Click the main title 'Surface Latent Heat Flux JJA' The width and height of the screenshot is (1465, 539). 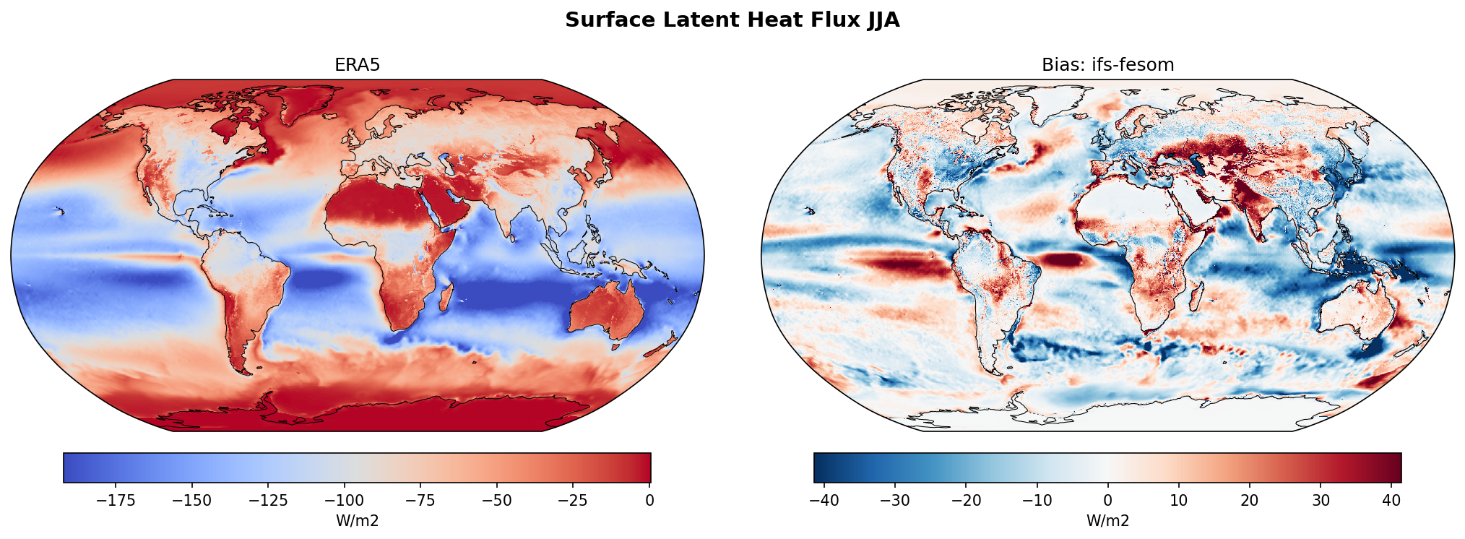(x=732, y=20)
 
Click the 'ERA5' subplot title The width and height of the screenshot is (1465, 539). (x=357, y=65)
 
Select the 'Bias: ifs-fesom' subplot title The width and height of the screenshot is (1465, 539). (x=1107, y=65)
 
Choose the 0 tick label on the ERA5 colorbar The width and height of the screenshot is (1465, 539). (x=649, y=501)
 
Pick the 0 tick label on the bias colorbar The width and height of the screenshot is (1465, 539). (x=1107, y=501)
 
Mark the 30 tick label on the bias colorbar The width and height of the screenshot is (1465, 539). (x=1321, y=501)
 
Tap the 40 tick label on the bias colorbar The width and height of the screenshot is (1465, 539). (x=1391, y=501)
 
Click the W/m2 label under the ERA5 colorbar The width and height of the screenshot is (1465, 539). (x=357, y=521)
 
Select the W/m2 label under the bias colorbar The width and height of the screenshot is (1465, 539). (x=1107, y=521)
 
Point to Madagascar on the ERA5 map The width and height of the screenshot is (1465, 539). (x=447, y=298)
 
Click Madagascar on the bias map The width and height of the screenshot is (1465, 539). (x=1197, y=298)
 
